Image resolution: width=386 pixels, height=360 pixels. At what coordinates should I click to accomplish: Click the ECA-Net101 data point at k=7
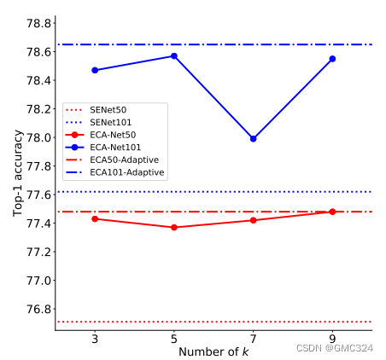coord(253,138)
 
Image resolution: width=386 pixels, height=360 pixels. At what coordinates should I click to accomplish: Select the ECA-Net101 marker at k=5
coord(174,56)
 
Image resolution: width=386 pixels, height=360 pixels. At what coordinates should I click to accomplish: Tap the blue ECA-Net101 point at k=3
coord(95,70)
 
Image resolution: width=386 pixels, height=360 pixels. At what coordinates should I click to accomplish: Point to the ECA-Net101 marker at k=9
coord(332,59)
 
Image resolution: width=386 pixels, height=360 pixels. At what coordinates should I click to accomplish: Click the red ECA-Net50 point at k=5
coord(174,227)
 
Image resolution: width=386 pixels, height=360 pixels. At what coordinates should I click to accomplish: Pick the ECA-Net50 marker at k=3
coord(95,218)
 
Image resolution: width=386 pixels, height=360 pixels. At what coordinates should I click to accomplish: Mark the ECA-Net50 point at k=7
coord(253,220)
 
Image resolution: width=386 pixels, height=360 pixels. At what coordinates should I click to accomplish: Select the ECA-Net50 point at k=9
coord(332,212)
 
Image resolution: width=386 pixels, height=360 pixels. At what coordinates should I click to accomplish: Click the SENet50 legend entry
coord(109,110)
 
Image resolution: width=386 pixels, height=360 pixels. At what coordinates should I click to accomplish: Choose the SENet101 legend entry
coord(112,123)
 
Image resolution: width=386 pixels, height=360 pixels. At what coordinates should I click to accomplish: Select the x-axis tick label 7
coord(253,339)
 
